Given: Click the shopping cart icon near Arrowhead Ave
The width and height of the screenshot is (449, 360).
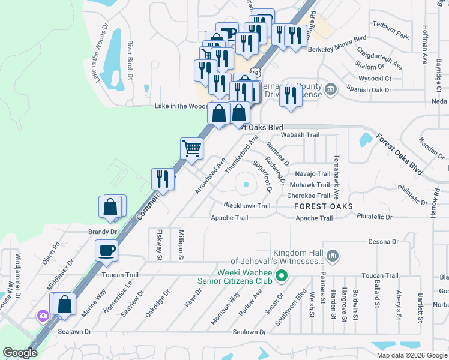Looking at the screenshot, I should point(191,148).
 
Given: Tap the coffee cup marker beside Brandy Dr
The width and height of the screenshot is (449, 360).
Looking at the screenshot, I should point(107,250).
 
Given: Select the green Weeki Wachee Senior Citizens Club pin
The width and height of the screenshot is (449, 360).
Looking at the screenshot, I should point(280,276).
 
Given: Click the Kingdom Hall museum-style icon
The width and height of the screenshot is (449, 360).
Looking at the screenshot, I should point(334,257).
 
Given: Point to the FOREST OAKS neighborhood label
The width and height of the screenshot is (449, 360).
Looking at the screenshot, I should point(324,206).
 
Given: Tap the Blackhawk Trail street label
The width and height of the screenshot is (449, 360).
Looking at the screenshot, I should point(247,205).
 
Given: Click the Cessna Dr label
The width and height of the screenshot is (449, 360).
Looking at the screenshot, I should point(384,242).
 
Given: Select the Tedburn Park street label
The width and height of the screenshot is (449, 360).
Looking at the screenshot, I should point(390,37).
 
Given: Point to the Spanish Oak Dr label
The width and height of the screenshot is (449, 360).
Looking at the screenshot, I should point(369,90).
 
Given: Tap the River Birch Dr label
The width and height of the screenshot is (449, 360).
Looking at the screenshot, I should point(130,60).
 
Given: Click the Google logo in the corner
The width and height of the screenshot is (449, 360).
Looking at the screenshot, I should point(20,353).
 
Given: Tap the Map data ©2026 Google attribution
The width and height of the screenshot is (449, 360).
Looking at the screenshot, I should point(411,355).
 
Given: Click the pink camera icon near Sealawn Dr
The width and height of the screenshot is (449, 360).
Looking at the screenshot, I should point(43,316).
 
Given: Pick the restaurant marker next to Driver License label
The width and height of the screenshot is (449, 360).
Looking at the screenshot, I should point(291,95).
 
